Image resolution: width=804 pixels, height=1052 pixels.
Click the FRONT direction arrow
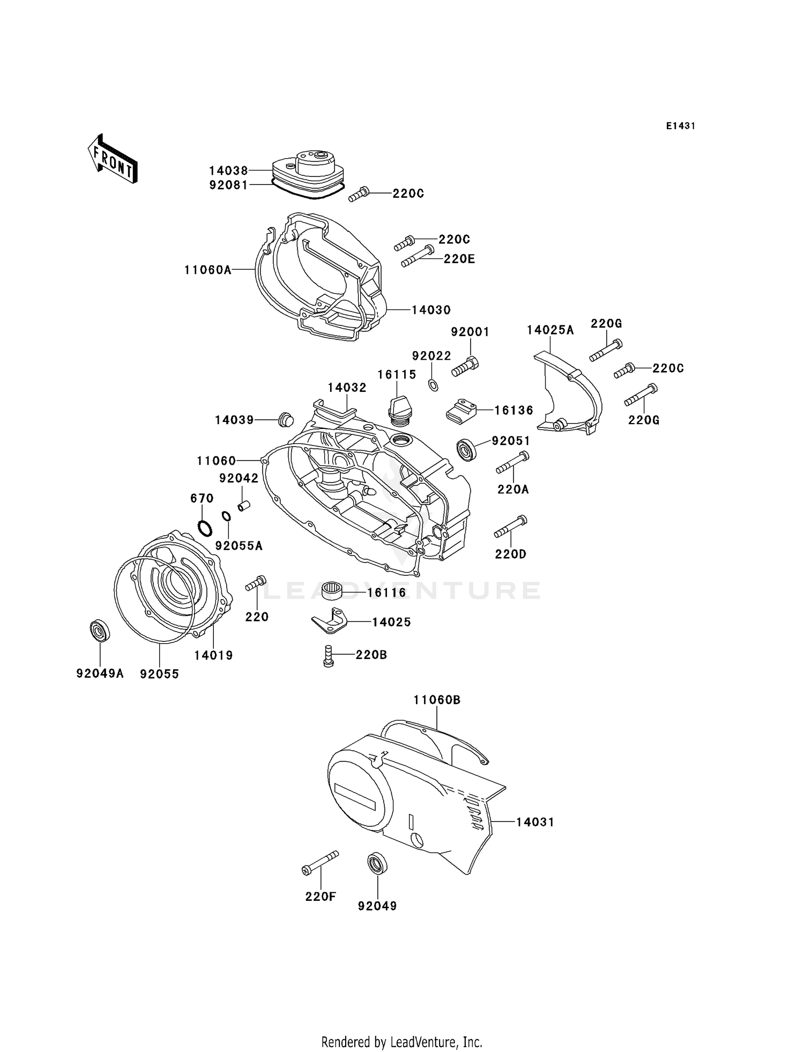click(x=113, y=159)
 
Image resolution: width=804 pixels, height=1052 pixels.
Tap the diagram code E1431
click(x=680, y=126)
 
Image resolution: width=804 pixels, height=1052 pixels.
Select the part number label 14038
click(x=228, y=171)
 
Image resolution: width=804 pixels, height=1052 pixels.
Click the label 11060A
click(x=208, y=270)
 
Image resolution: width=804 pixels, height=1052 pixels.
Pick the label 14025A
click(x=550, y=330)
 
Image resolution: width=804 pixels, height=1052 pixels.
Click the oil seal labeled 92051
click(x=466, y=449)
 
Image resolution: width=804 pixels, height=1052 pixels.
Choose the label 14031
click(x=535, y=822)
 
